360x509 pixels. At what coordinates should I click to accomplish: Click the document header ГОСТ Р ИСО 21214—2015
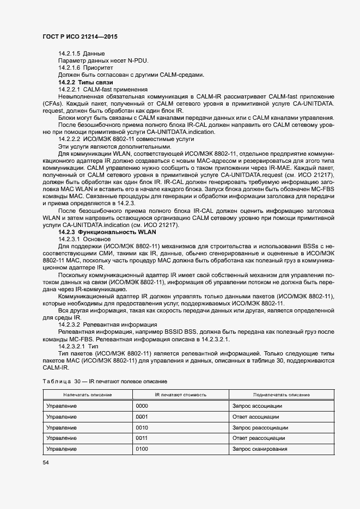point(80,36)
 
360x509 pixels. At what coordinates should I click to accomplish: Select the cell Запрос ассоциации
point(257,406)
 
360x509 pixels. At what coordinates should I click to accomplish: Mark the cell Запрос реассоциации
point(259,427)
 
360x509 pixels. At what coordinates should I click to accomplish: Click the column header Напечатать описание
point(87,395)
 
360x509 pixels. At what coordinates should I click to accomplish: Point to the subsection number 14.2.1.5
point(70,53)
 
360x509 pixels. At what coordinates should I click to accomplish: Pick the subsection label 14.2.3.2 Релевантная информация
point(100,323)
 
